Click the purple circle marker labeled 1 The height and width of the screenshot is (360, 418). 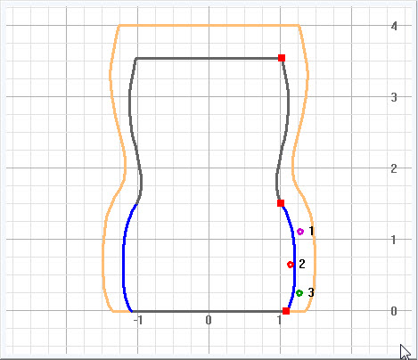click(x=300, y=232)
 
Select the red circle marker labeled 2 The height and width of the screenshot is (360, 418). click(x=291, y=265)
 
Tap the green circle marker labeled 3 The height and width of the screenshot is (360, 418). click(x=299, y=293)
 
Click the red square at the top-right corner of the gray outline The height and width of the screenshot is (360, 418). click(x=282, y=58)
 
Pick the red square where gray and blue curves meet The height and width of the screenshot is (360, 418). click(x=281, y=203)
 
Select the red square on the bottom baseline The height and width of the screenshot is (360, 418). click(x=286, y=311)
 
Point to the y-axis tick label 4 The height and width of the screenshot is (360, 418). click(x=394, y=26)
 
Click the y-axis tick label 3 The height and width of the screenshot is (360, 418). click(x=394, y=97)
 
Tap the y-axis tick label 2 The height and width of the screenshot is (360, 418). click(x=394, y=168)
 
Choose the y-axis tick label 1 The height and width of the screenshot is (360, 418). click(x=394, y=240)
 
